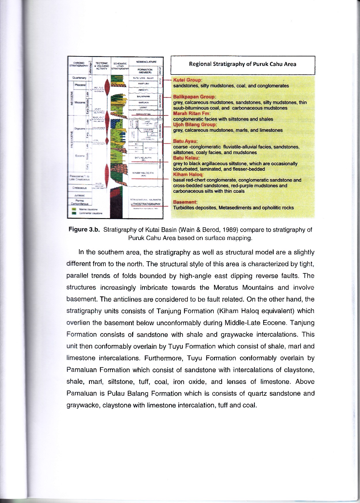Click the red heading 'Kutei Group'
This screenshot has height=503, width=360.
click(187, 80)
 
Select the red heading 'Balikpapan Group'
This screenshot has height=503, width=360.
click(194, 97)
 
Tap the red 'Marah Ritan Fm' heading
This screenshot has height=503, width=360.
click(192, 113)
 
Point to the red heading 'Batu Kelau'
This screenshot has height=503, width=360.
click(186, 158)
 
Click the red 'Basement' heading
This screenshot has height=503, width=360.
click(185, 202)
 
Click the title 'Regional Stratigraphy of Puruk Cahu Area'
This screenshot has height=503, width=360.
click(242, 64)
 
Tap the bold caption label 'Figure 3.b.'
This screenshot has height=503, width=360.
click(84, 230)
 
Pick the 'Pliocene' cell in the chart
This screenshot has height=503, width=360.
click(80, 85)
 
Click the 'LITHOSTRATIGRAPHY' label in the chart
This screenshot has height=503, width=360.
click(146, 204)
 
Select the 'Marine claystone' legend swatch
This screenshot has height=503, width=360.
click(74, 209)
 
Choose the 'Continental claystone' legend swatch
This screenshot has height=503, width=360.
click(74, 213)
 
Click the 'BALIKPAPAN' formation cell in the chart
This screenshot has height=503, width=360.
click(143, 97)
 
